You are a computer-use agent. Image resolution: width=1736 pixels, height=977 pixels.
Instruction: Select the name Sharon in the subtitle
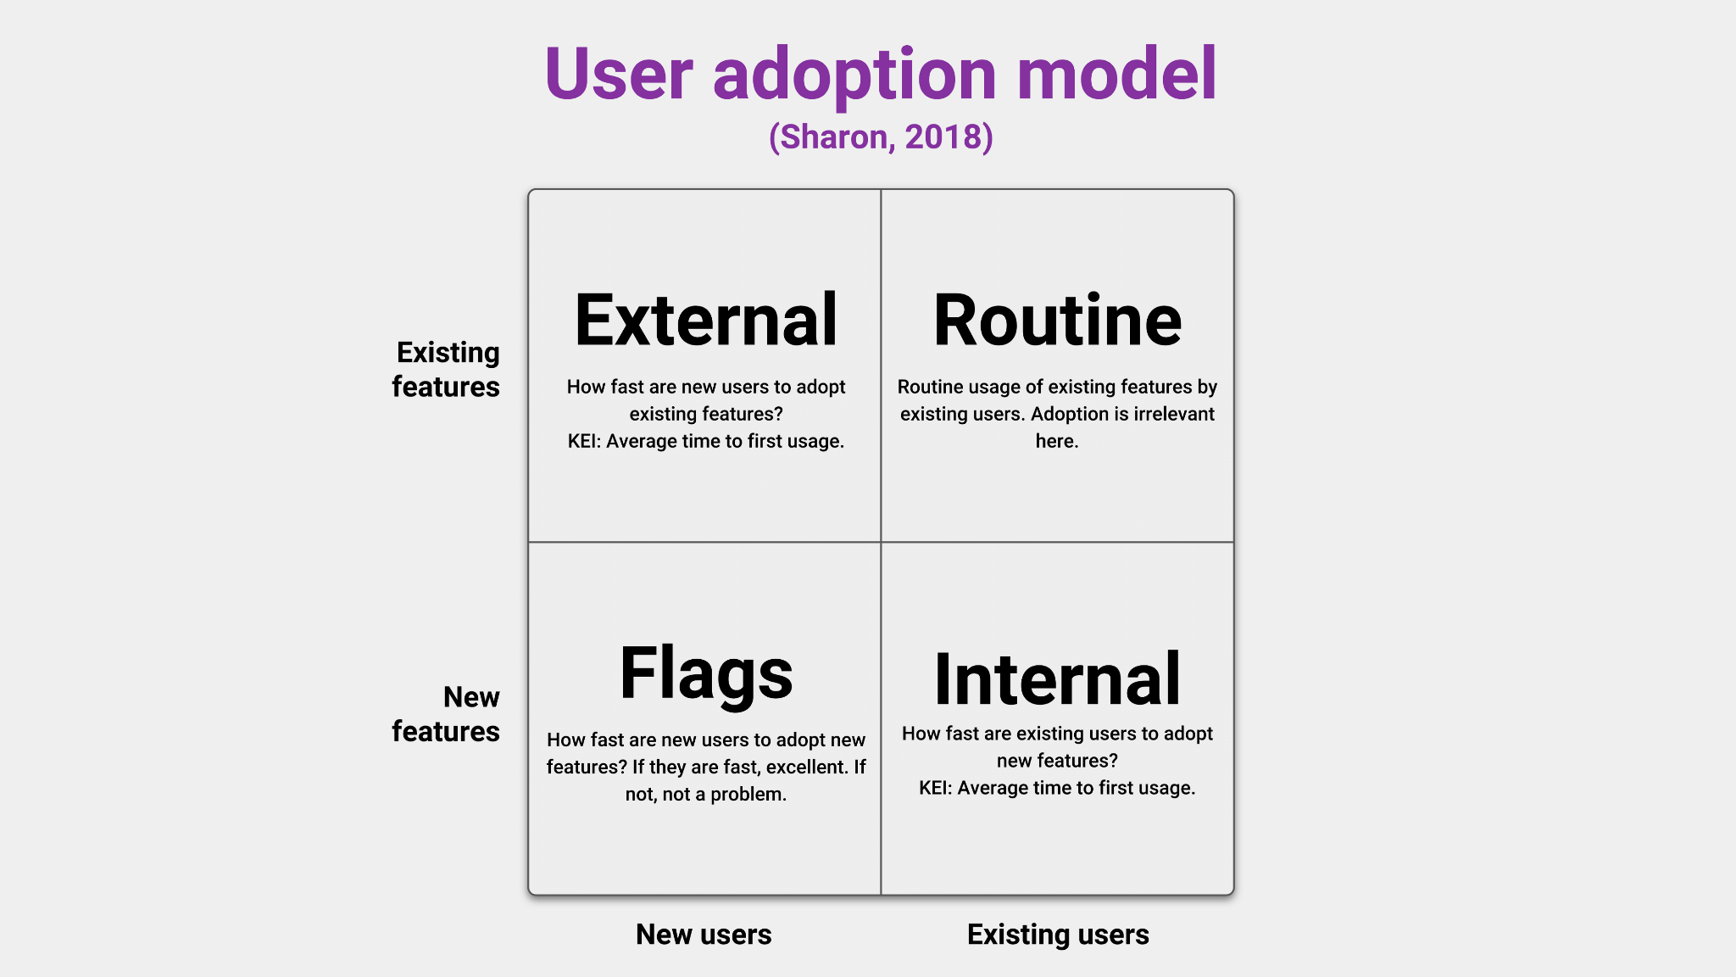point(834,137)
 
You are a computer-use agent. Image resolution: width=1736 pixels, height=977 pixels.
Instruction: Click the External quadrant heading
point(706,321)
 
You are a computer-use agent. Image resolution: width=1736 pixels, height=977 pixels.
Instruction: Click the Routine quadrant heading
point(1057,321)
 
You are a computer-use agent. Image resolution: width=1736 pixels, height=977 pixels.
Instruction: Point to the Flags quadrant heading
point(706,674)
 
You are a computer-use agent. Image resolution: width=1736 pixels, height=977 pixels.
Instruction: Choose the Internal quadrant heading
point(1057,679)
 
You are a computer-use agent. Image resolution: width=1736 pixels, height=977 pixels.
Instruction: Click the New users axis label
point(704,934)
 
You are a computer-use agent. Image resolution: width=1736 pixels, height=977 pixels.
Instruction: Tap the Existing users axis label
point(1058,934)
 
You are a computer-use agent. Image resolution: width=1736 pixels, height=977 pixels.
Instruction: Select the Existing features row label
point(447,369)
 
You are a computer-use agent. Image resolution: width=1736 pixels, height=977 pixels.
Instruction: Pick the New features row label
point(447,714)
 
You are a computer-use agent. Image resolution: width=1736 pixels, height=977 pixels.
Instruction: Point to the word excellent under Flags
point(807,767)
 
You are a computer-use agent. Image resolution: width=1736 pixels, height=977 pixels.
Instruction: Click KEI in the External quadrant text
point(583,441)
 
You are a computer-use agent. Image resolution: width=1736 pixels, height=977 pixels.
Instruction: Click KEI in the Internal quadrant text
point(934,788)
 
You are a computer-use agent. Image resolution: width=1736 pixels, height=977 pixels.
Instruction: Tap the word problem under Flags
point(748,794)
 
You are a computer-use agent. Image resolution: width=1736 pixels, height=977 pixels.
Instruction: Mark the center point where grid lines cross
point(881,542)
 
